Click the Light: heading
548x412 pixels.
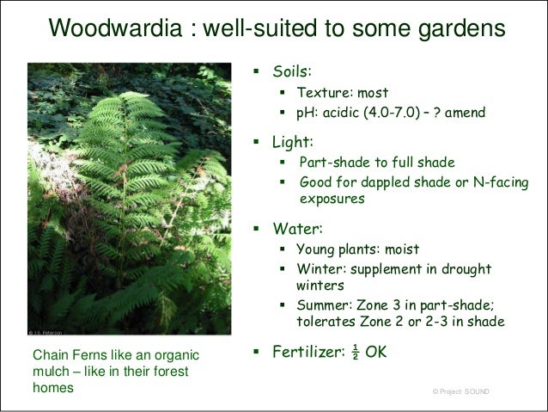click(293, 142)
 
